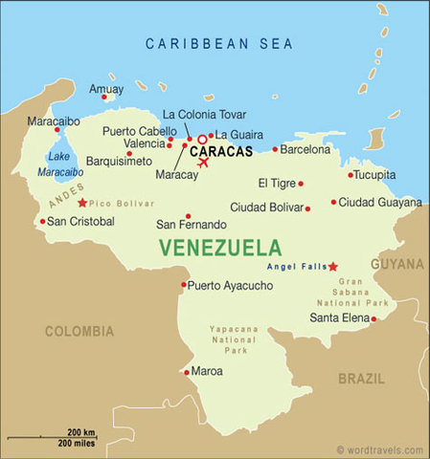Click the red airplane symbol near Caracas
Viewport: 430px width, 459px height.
(x=203, y=163)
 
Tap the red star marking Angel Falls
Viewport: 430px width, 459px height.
(x=332, y=267)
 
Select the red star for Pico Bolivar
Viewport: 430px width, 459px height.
(x=82, y=203)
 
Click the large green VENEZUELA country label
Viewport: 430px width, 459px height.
(x=220, y=248)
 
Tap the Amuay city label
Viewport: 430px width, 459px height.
(x=105, y=88)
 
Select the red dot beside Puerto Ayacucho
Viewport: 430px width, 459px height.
(x=184, y=285)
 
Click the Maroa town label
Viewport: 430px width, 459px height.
(x=207, y=371)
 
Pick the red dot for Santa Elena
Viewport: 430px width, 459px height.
(x=373, y=318)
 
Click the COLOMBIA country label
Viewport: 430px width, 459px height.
(x=79, y=332)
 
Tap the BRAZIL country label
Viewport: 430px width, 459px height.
(x=361, y=379)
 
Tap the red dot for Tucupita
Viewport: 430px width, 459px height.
(x=351, y=175)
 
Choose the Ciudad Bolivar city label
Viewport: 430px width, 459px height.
(x=265, y=208)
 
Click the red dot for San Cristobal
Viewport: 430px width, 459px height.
(x=42, y=222)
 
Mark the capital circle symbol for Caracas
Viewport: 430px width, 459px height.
(x=202, y=140)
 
